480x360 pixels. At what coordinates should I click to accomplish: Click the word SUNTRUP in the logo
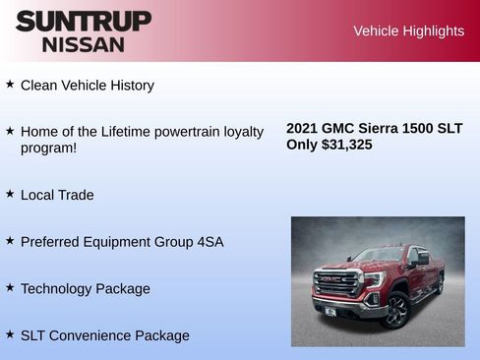tap(84, 21)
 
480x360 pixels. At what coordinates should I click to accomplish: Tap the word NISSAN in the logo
tap(84, 43)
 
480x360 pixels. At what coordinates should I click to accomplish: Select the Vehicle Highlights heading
tap(408, 31)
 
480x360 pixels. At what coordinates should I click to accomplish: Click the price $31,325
tap(346, 145)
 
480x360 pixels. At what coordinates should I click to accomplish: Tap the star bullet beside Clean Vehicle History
tap(10, 85)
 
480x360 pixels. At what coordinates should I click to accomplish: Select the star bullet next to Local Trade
tap(10, 194)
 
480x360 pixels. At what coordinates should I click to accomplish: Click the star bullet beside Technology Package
tap(10, 287)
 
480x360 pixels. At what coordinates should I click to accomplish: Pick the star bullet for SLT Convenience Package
tap(10, 334)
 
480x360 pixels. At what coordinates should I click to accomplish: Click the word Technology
tap(55, 289)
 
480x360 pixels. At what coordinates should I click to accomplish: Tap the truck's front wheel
tap(395, 310)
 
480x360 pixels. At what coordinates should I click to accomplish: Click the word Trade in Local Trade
tap(76, 195)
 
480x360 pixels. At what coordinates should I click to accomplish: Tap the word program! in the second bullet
tap(49, 149)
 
